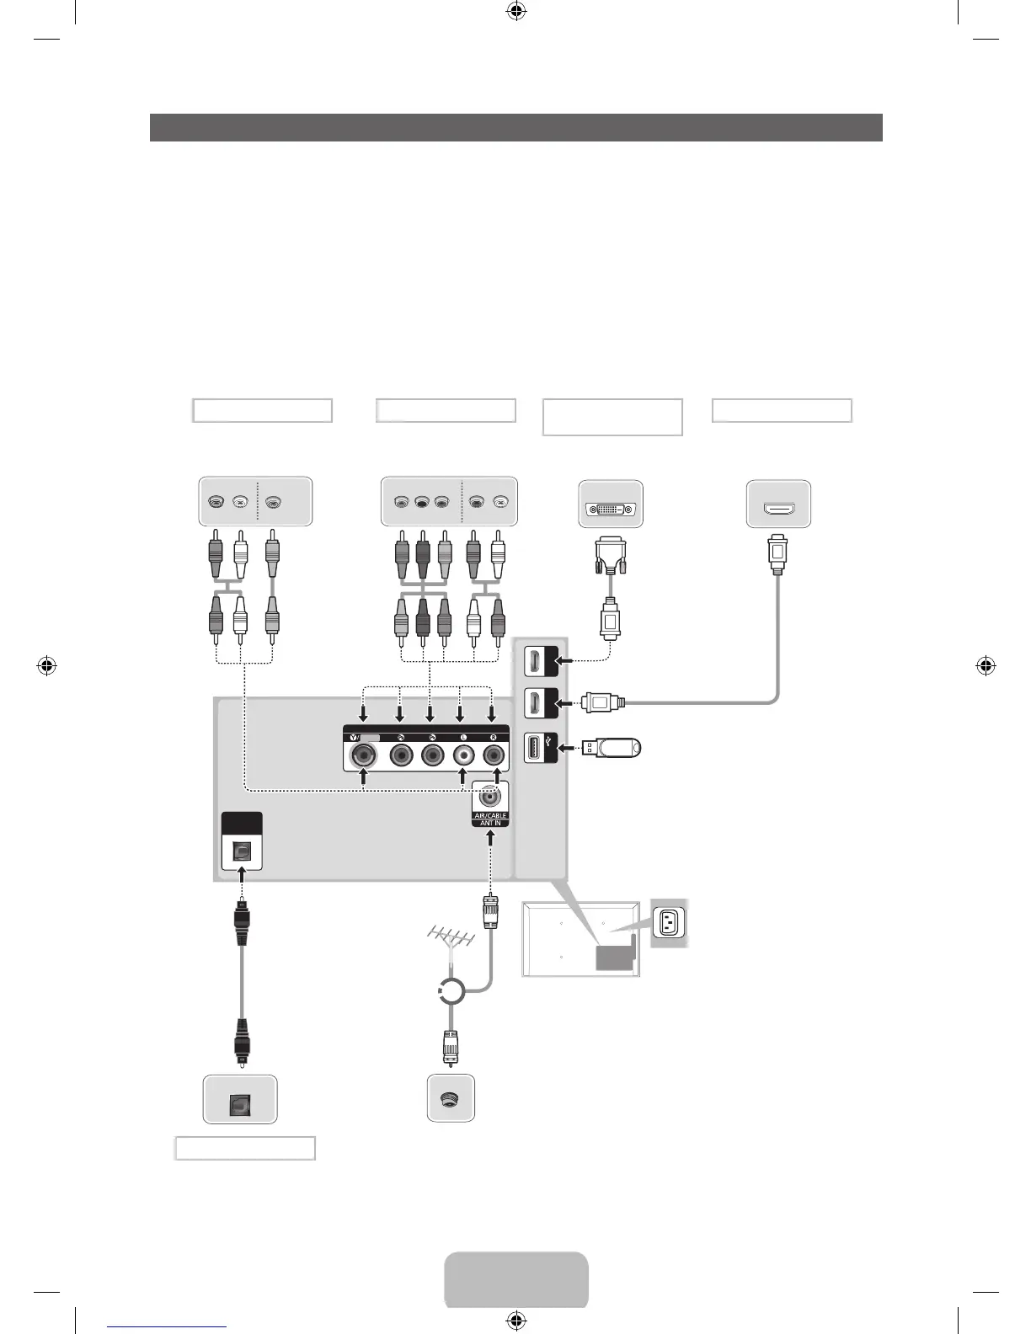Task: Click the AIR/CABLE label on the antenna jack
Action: coord(490,815)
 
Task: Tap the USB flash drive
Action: coord(616,747)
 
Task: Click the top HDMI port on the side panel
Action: coord(534,661)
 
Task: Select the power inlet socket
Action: coord(669,922)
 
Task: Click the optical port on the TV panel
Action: coord(242,851)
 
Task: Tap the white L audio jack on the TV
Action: coord(462,755)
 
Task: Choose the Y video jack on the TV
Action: coord(364,755)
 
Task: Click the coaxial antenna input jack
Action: coord(490,794)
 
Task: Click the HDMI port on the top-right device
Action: coord(778,508)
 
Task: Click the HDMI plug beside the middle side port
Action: coord(603,702)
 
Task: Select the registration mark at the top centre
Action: coord(516,11)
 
